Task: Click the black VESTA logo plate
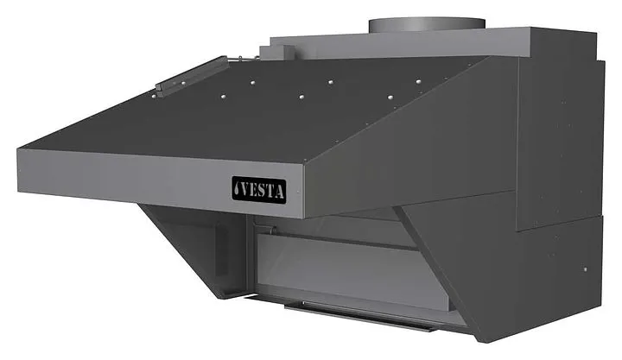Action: coord(258,190)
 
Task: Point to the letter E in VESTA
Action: coord(257,190)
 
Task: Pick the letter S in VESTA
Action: coord(264,191)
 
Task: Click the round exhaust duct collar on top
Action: coord(427,25)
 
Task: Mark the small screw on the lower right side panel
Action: coord(584,269)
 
